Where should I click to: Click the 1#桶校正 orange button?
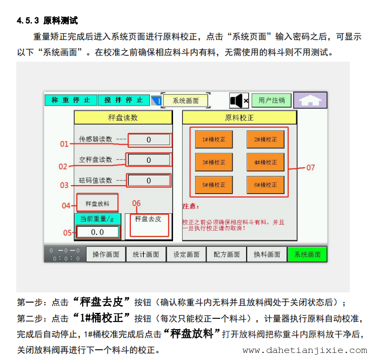pos(214,140)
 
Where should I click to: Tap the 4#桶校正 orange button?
pos(265,162)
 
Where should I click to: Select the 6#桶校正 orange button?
pos(265,185)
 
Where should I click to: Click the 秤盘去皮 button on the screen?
pos(149,225)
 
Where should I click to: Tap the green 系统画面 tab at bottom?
pos(307,254)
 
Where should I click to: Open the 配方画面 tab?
pos(227,254)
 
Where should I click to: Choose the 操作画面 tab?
pos(106,254)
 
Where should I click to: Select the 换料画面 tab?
pos(267,254)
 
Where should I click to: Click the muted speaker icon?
pos(239,100)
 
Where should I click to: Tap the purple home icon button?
pos(310,100)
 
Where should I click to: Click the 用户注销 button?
pos(271,100)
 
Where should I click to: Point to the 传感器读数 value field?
pos(149,140)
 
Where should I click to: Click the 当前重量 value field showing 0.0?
pos(97,232)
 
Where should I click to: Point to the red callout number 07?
pos(310,168)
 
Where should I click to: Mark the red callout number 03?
pos(64,185)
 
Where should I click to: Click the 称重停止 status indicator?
pos(71,100)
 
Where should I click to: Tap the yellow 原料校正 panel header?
pos(240,117)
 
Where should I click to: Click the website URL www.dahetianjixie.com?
pos(305,350)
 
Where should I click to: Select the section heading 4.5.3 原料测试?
pos(48,21)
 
